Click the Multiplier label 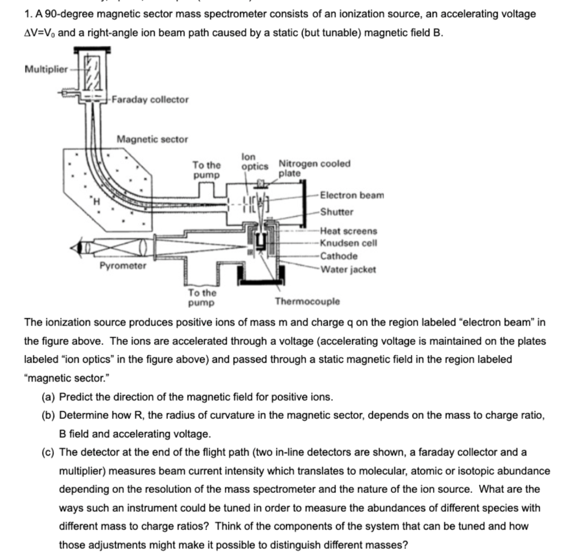click(45, 69)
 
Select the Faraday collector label click(150, 100)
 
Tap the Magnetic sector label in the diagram click(152, 139)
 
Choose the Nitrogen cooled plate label click(314, 168)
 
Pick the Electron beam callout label click(352, 195)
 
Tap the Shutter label click(337, 212)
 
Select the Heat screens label click(349, 231)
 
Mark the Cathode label click(339, 256)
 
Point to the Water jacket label click(348, 269)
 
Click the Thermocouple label click(307, 301)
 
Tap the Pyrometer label click(123, 265)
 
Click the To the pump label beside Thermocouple click(202, 297)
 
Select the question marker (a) click(48, 398)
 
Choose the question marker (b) click(48, 416)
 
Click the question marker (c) click(48, 452)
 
